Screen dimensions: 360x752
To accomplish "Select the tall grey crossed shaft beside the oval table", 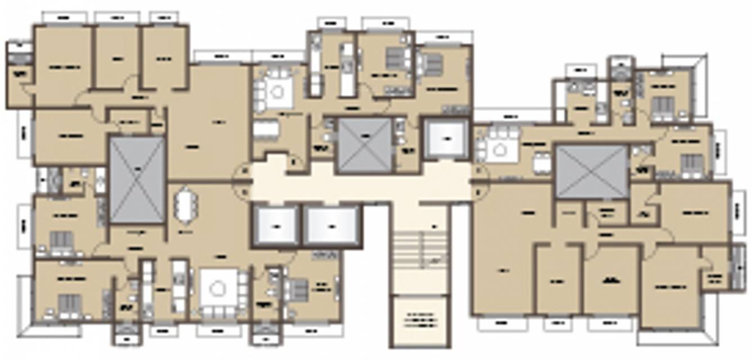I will pos(137,180).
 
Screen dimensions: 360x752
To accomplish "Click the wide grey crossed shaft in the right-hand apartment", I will pos(592,172).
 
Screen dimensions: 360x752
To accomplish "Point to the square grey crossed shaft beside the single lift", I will pos(364,144).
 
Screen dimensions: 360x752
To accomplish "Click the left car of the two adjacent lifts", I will pos(276,226).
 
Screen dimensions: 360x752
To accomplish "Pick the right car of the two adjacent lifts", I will pos(332,226).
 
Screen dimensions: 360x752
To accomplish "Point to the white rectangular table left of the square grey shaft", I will pos(266,129).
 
